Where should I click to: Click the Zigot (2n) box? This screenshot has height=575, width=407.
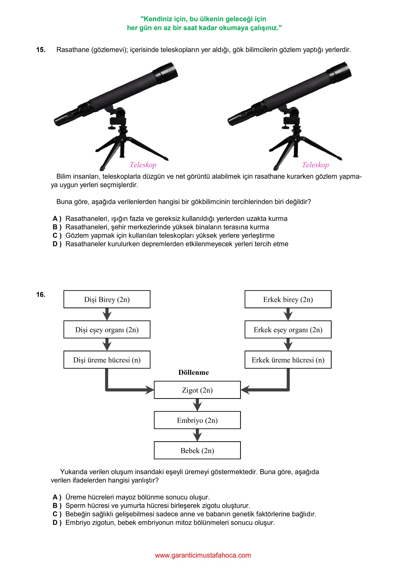click(x=197, y=390)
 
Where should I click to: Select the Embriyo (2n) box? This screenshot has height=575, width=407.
click(x=197, y=420)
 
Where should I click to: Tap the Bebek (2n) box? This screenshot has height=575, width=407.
click(x=197, y=450)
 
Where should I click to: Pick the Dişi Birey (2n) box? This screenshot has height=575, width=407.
click(x=107, y=299)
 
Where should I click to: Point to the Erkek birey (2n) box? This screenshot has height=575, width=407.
click(x=288, y=299)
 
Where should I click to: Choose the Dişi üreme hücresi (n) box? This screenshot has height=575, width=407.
click(x=107, y=360)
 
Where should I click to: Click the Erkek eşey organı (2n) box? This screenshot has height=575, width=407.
click(x=288, y=329)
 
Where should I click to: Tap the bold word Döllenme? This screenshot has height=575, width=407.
click(x=194, y=372)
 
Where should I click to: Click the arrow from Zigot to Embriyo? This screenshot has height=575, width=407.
click(x=197, y=405)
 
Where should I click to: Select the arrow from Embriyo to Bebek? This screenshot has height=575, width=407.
click(x=197, y=435)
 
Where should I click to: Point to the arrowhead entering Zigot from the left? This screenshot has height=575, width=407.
click(x=150, y=390)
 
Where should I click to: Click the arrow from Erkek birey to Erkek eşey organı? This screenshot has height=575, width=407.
click(x=288, y=314)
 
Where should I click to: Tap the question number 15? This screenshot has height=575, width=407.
click(x=41, y=50)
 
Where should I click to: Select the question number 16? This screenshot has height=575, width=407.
click(x=41, y=295)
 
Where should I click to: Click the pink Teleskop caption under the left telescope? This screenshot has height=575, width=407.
click(x=143, y=165)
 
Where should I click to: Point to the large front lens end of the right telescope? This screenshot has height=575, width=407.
click(x=340, y=72)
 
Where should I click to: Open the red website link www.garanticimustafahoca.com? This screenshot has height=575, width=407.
click(x=203, y=555)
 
